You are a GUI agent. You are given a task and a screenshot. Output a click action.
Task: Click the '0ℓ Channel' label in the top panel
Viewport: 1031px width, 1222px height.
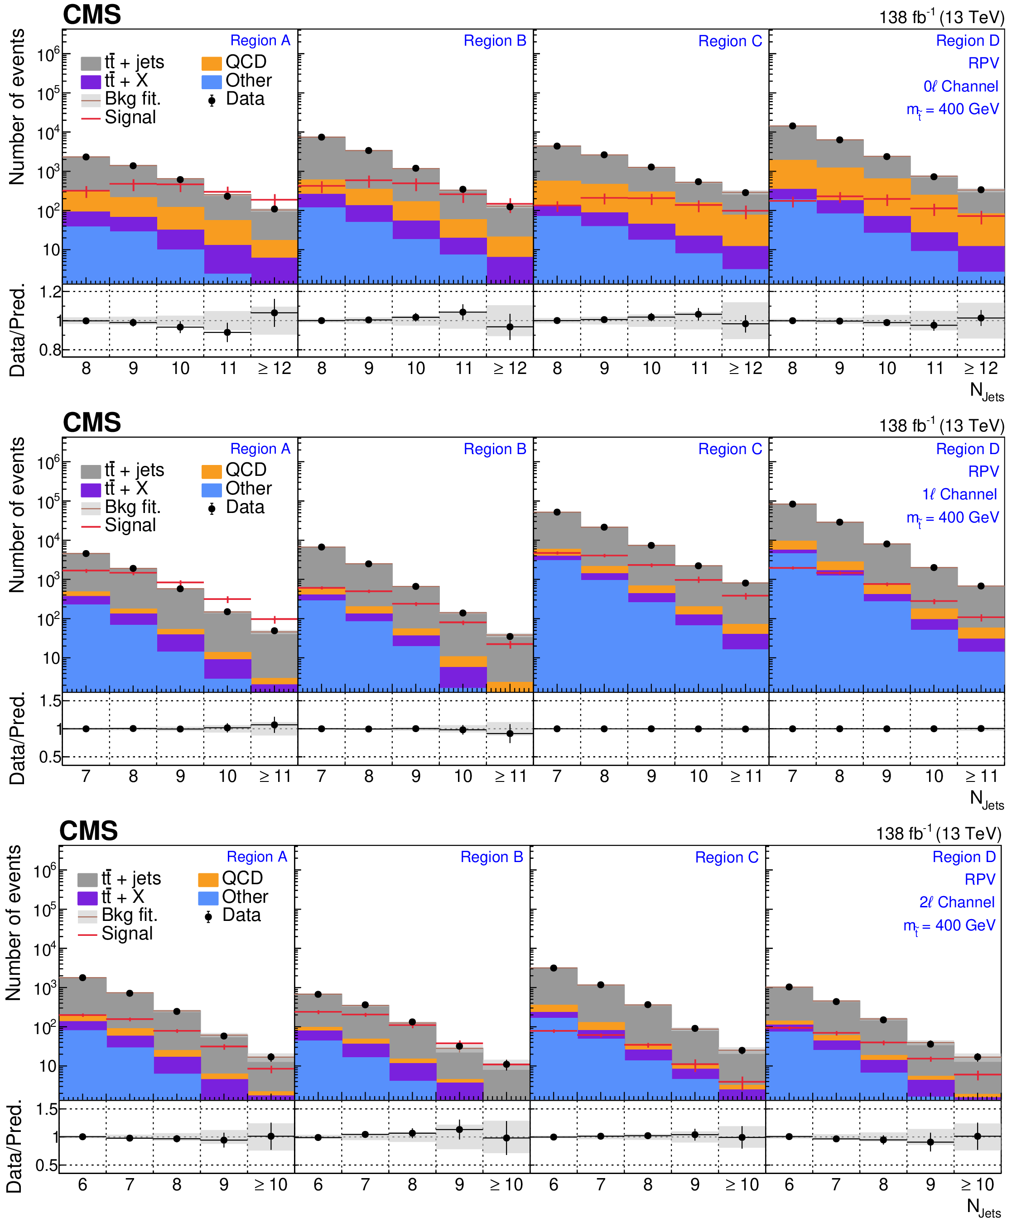(x=960, y=86)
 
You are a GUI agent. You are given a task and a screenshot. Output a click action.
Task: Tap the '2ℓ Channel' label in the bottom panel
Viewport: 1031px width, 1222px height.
(x=957, y=902)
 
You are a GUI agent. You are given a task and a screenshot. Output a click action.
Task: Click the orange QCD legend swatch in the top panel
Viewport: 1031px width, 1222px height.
(x=212, y=63)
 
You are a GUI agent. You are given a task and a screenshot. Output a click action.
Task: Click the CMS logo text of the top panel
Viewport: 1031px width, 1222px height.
(x=92, y=14)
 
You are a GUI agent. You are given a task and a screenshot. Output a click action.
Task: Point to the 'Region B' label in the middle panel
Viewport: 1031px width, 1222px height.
(x=495, y=449)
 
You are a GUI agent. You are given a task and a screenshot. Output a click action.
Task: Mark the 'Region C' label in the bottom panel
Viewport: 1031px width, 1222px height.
(x=727, y=857)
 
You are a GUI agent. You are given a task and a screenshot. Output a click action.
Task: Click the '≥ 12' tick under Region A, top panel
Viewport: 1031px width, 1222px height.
(x=275, y=369)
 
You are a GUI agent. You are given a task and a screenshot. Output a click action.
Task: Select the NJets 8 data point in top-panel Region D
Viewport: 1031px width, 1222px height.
(x=793, y=126)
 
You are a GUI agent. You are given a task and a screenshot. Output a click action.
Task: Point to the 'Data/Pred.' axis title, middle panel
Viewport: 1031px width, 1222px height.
(x=18, y=738)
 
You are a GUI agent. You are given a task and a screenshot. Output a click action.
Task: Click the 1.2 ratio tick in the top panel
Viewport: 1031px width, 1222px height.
(x=50, y=292)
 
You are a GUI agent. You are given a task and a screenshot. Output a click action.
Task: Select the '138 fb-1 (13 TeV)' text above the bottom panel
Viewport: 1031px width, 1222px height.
(x=938, y=834)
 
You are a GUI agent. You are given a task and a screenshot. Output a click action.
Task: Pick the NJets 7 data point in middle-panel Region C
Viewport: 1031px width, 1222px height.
(x=557, y=512)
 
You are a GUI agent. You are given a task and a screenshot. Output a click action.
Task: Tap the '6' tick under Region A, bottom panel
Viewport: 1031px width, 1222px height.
(x=82, y=1184)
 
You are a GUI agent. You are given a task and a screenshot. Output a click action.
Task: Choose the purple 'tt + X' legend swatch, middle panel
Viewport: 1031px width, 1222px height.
(x=91, y=489)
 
